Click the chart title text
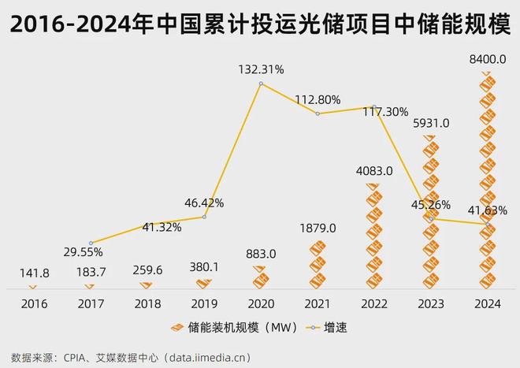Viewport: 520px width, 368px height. pyautogui.click(x=259, y=25)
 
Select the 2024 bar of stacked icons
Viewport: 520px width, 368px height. pyautogui.click(x=487, y=181)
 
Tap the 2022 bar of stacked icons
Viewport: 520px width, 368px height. pyautogui.click(x=374, y=236)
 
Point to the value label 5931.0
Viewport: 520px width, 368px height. pyautogui.click(x=430, y=123)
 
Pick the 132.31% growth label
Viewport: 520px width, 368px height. pyautogui.click(x=261, y=69)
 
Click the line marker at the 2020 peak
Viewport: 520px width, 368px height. pyautogui.click(x=261, y=82)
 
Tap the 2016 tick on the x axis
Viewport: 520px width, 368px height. pyautogui.click(x=34, y=303)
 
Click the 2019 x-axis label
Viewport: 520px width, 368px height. pyautogui.click(x=204, y=303)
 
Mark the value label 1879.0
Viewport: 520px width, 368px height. pyautogui.click(x=318, y=228)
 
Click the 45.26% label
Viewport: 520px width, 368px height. pyautogui.click(x=431, y=205)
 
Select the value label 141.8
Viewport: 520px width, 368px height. pyautogui.click(x=34, y=272)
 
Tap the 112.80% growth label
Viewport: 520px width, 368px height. pyautogui.click(x=318, y=99)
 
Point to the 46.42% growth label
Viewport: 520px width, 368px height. pyautogui.click(x=204, y=203)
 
